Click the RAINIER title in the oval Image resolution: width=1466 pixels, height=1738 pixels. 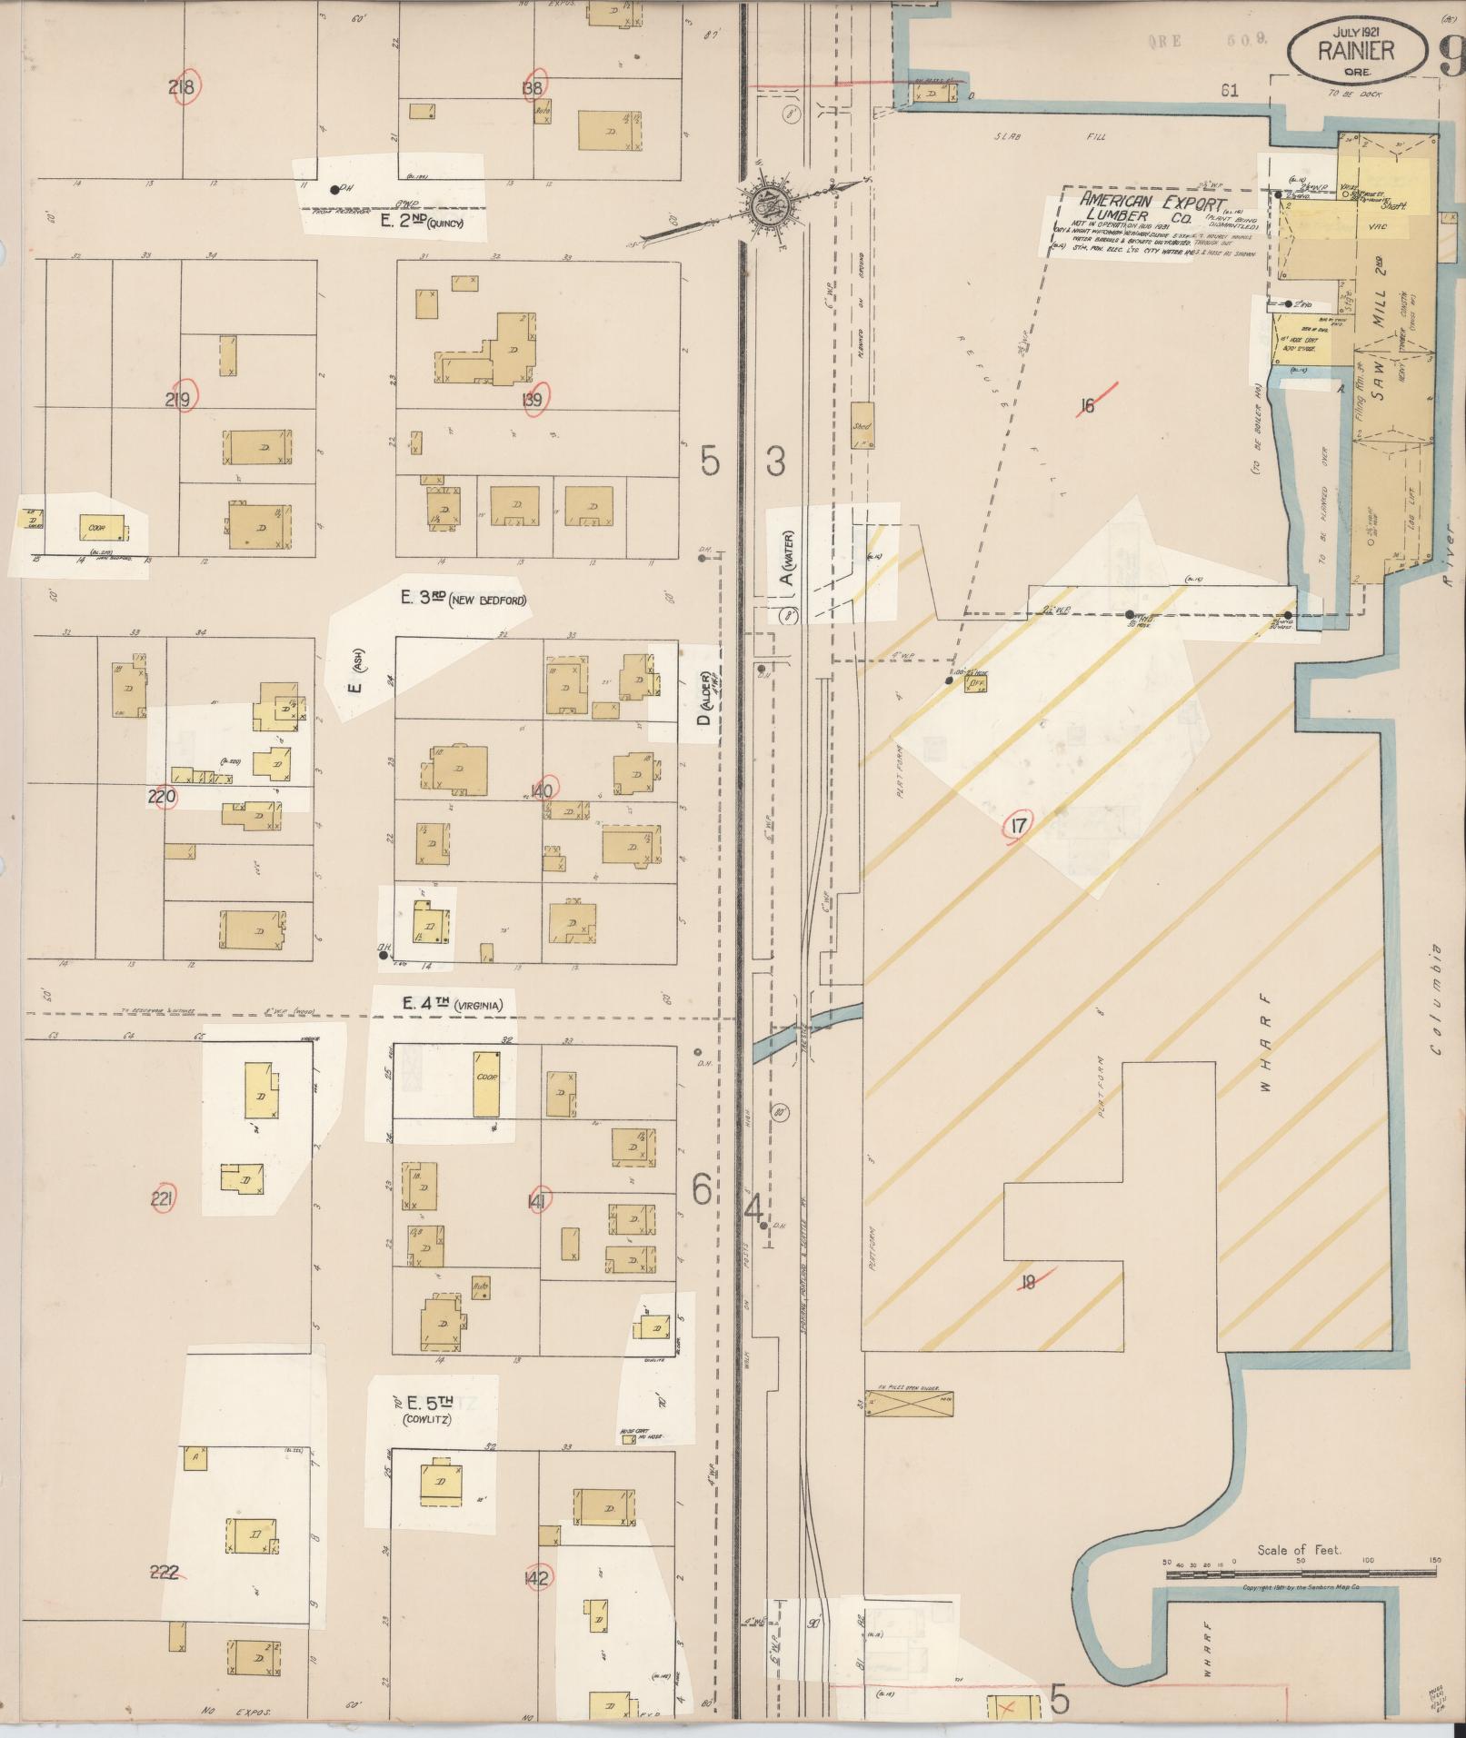coord(1354,51)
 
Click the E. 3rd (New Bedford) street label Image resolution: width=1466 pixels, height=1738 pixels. coord(464,599)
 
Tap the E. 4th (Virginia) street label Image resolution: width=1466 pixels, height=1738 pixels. coord(452,1004)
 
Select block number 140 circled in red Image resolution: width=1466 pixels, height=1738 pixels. coord(542,790)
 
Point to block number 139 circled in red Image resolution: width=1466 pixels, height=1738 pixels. coord(534,400)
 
